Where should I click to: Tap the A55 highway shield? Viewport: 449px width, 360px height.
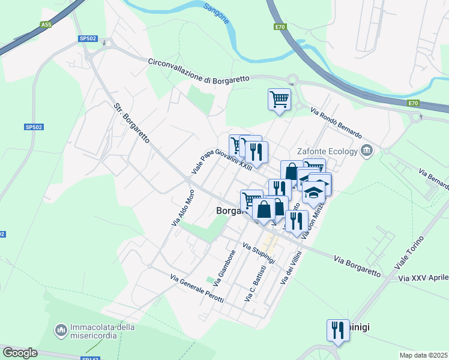click(46, 25)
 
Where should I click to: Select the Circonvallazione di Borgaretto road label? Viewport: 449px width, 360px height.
click(199, 71)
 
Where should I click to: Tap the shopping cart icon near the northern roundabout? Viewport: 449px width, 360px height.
click(279, 100)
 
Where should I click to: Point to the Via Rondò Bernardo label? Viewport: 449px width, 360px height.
click(336, 122)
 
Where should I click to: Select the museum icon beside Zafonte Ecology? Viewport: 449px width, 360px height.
click(367, 151)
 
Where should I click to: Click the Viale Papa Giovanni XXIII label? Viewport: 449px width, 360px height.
click(221, 159)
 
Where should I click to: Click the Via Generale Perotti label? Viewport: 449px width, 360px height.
click(197, 289)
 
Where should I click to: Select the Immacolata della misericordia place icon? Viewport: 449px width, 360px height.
click(61, 330)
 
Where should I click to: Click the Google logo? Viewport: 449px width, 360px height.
click(20, 352)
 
